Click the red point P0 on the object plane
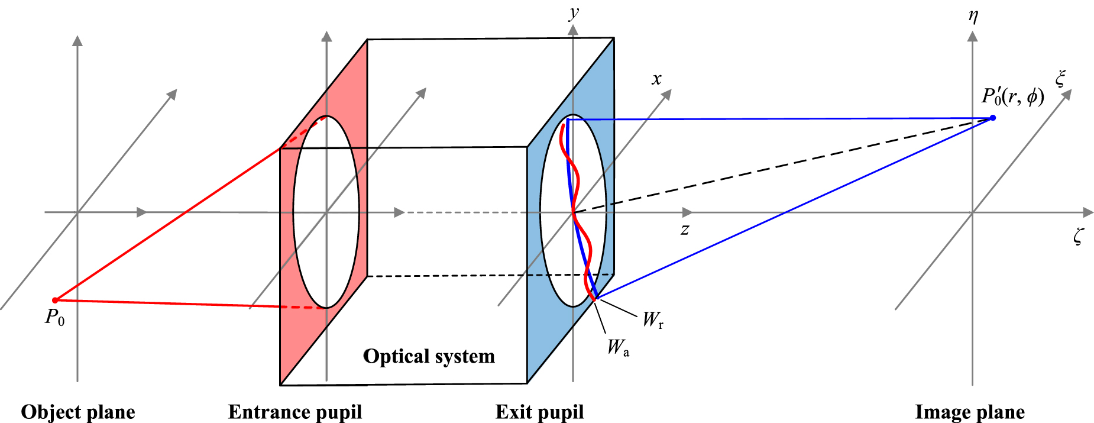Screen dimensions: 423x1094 click(x=55, y=300)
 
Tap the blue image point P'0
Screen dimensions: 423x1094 click(x=993, y=118)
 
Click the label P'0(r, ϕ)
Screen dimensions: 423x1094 click(x=1012, y=96)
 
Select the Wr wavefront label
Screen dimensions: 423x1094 click(x=653, y=320)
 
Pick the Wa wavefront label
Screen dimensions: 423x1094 click(x=618, y=347)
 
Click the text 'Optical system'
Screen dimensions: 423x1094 click(x=429, y=356)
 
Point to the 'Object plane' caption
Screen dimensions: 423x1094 click(x=78, y=412)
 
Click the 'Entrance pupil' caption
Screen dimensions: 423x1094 click(x=294, y=412)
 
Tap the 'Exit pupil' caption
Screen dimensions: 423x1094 click(x=539, y=412)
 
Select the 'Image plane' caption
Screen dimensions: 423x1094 click(x=970, y=412)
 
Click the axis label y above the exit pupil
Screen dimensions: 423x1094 click(x=573, y=13)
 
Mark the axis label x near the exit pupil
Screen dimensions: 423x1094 click(x=656, y=79)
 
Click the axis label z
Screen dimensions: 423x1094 click(x=685, y=230)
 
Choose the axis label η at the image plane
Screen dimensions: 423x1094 click(x=973, y=16)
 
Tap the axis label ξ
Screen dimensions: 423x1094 click(x=1060, y=78)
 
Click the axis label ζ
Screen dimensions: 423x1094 click(x=1078, y=237)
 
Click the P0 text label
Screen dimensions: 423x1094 click(x=55, y=318)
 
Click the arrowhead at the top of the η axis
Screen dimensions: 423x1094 click(x=972, y=36)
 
